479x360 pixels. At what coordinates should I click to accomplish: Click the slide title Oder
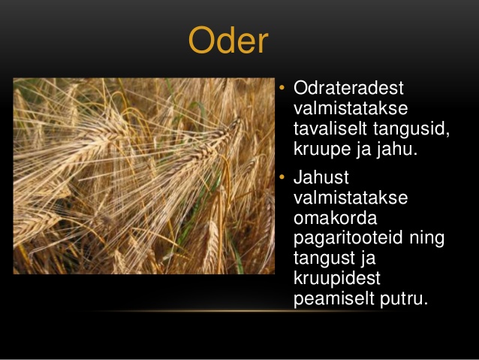[228, 40]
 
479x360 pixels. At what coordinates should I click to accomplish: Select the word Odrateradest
[348, 88]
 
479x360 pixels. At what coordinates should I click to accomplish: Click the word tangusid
[411, 129]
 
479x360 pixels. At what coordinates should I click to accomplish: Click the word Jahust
[321, 177]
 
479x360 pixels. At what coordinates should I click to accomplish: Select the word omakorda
[336, 218]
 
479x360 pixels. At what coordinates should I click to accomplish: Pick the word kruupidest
[337, 279]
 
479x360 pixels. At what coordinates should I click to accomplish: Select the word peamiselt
[334, 299]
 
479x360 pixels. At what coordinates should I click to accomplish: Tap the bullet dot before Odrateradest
[282, 88]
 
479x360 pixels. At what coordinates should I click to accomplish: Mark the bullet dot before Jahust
[282, 177]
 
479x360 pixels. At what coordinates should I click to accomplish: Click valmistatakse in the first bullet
[351, 108]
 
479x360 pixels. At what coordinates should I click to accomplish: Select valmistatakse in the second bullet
[351, 198]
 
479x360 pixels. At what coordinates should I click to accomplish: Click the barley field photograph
[144, 176]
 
